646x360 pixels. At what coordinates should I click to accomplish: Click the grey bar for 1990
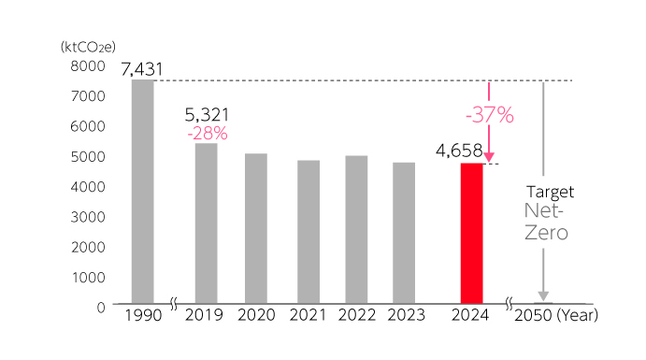(x=143, y=192)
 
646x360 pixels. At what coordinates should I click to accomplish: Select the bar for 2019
(x=206, y=223)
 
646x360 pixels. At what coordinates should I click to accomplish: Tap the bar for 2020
(x=256, y=229)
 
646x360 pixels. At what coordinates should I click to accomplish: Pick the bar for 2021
(x=308, y=233)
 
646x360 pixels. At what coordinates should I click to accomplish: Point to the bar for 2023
(x=405, y=234)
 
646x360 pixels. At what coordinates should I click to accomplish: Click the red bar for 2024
(x=471, y=234)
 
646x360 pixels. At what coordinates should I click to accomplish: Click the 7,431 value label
(x=142, y=68)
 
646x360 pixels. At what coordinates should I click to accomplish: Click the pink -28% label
(x=207, y=134)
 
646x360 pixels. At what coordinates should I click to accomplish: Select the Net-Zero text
(x=545, y=223)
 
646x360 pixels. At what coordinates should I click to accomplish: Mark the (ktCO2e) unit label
(x=88, y=45)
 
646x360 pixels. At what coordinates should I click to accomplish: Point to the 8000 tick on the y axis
(x=90, y=65)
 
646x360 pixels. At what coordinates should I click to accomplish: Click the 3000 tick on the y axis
(x=90, y=216)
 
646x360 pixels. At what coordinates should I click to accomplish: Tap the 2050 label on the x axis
(x=531, y=315)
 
